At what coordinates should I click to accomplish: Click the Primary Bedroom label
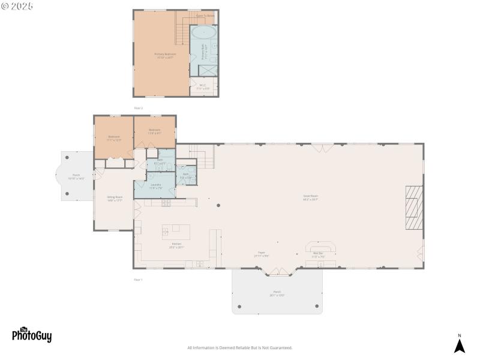point(165,55)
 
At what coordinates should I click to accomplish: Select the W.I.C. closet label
point(203,86)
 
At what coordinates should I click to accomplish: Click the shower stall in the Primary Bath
point(208,69)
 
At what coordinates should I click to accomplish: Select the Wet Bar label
point(318,254)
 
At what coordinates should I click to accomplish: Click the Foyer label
point(262,254)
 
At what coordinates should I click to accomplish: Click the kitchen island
point(176,232)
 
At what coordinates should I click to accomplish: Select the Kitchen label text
point(176,245)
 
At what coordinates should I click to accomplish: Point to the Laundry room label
point(155,187)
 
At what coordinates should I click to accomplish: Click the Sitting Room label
point(115,199)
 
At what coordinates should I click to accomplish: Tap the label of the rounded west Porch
point(76,176)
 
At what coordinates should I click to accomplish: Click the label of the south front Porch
point(277,293)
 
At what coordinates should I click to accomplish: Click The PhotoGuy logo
point(32,334)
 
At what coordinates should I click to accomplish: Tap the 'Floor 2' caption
point(139,108)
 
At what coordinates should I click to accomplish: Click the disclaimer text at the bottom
point(239,347)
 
